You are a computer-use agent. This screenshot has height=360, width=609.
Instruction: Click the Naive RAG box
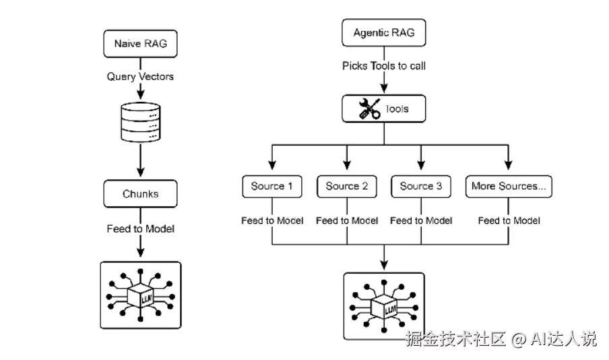(x=140, y=44)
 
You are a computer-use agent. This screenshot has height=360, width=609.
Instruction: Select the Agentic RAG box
(x=384, y=32)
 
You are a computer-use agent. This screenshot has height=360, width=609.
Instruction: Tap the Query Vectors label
(x=140, y=77)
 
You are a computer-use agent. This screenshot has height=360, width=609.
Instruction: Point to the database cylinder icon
(x=141, y=122)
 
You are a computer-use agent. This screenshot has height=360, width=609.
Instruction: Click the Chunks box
(x=140, y=193)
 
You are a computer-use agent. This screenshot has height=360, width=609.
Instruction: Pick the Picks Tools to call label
(x=384, y=65)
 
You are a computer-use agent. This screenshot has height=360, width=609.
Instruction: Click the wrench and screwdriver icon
(x=369, y=109)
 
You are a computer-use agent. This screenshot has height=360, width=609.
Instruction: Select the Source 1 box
(x=272, y=187)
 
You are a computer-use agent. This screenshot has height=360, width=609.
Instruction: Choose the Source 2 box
(x=347, y=187)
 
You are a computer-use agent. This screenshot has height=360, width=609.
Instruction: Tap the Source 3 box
(x=421, y=187)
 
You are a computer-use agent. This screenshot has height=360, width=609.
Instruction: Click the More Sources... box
(x=509, y=187)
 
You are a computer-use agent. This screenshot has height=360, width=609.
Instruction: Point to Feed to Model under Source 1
(x=272, y=221)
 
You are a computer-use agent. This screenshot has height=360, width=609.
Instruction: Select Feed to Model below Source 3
(x=421, y=221)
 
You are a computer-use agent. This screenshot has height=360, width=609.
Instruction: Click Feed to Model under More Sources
(x=509, y=221)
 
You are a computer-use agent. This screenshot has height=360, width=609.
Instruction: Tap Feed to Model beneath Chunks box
(x=140, y=229)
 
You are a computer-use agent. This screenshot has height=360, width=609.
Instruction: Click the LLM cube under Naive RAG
(x=141, y=295)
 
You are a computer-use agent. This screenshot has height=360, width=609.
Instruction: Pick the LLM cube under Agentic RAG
(x=384, y=307)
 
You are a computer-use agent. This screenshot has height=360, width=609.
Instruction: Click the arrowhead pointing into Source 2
(x=347, y=165)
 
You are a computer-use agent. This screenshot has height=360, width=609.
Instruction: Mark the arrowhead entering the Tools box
(x=384, y=89)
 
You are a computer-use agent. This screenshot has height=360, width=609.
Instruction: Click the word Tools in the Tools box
(x=397, y=109)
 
